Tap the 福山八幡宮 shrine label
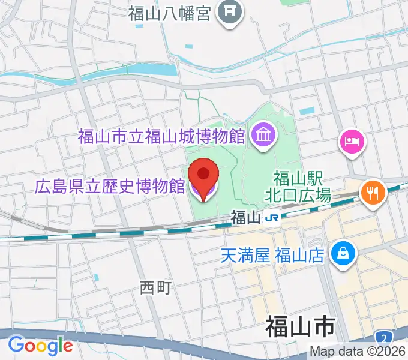(170, 13)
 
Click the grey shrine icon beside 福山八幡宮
(229, 12)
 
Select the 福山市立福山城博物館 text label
(161, 136)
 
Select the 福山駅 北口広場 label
(298, 186)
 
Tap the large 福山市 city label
(299, 329)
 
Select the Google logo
(40, 346)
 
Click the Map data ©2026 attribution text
(358, 352)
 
